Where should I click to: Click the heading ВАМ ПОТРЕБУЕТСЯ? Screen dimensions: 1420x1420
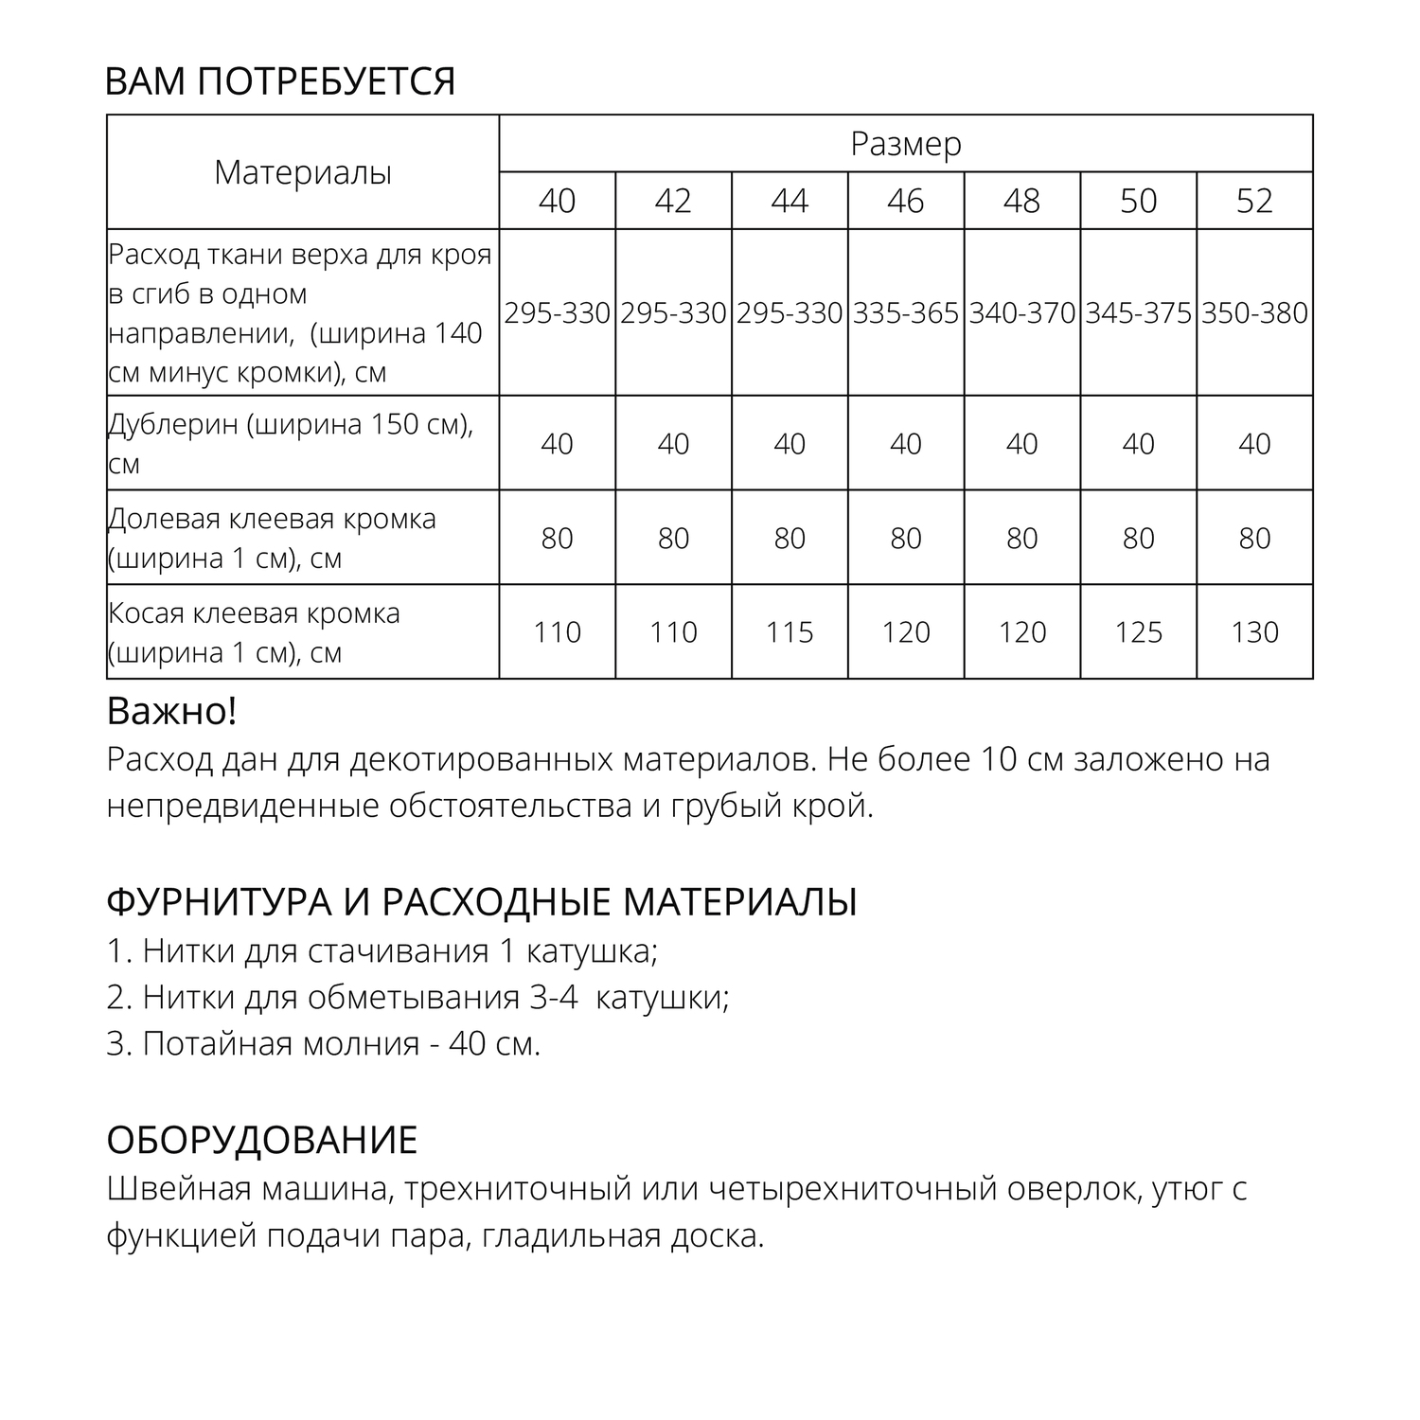click(x=280, y=82)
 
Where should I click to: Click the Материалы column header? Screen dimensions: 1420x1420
click(x=303, y=173)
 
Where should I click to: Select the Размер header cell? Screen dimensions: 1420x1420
click(x=906, y=144)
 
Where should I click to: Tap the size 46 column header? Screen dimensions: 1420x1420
click(x=906, y=201)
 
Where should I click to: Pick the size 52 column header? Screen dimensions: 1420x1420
click(x=1254, y=201)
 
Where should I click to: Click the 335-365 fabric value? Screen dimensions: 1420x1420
click(x=906, y=313)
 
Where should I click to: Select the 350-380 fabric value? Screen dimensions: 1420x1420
click(x=1254, y=313)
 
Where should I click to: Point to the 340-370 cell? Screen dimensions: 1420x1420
click(x=1022, y=313)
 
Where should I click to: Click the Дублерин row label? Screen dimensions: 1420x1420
click(x=290, y=443)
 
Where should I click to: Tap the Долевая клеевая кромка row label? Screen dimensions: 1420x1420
click(x=272, y=538)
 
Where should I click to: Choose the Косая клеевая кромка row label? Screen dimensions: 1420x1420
click(x=254, y=632)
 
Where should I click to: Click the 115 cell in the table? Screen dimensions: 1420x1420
click(x=790, y=632)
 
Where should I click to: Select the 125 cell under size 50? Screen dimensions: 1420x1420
click(x=1138, y=632)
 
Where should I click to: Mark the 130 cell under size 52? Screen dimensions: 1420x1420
click(x=1254, y=632)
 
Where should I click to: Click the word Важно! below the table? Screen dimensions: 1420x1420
click(x=171, y=712)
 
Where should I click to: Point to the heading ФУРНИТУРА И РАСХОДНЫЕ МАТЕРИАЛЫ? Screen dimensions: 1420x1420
click(x=482, y=902)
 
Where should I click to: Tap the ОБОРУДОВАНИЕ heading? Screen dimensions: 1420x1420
click(x=262, y=1141)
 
